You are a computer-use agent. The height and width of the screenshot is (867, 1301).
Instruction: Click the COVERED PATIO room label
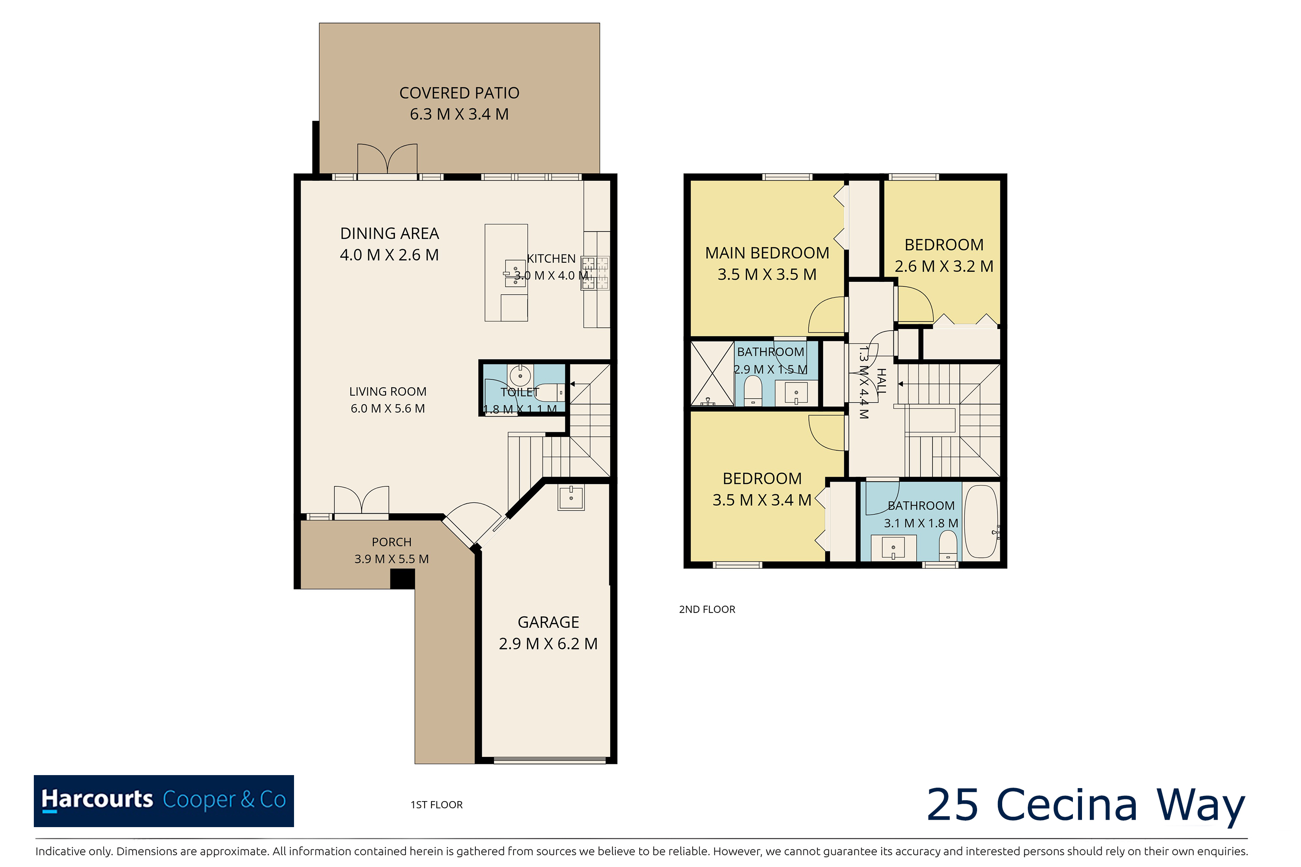click(x=459, y=93)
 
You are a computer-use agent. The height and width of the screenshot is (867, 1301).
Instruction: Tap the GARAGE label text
click(x=548, y=622)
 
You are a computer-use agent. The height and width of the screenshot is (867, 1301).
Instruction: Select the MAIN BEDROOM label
click(x=767, y=253)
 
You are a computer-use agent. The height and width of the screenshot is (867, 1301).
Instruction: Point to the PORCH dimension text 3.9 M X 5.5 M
click(x=392, y=559)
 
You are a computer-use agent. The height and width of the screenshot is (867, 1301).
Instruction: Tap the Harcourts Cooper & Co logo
click(x=164, y=801)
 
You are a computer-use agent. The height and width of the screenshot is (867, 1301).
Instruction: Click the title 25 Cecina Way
click(x=1086, y=805)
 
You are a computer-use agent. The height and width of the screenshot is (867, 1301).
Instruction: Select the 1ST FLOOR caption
click(x=436, y=805)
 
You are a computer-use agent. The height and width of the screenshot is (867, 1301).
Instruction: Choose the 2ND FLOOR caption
click(x=707, y=610)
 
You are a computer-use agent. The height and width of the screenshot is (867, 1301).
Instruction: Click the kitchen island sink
click(x=515, y=274)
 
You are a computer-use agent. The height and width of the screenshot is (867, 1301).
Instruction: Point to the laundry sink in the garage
click(x=571, y=497)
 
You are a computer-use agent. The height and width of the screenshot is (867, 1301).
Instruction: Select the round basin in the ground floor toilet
click(x=520, y=376)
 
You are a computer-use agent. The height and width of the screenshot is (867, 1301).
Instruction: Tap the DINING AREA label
click(x=389, y=233)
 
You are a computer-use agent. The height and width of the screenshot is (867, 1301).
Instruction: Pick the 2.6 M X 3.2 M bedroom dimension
click(x=944, y=267)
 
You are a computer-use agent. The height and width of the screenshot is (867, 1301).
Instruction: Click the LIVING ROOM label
click(x=388, y=391)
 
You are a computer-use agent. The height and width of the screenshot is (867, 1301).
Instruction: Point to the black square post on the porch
click(x=403, y=579)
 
